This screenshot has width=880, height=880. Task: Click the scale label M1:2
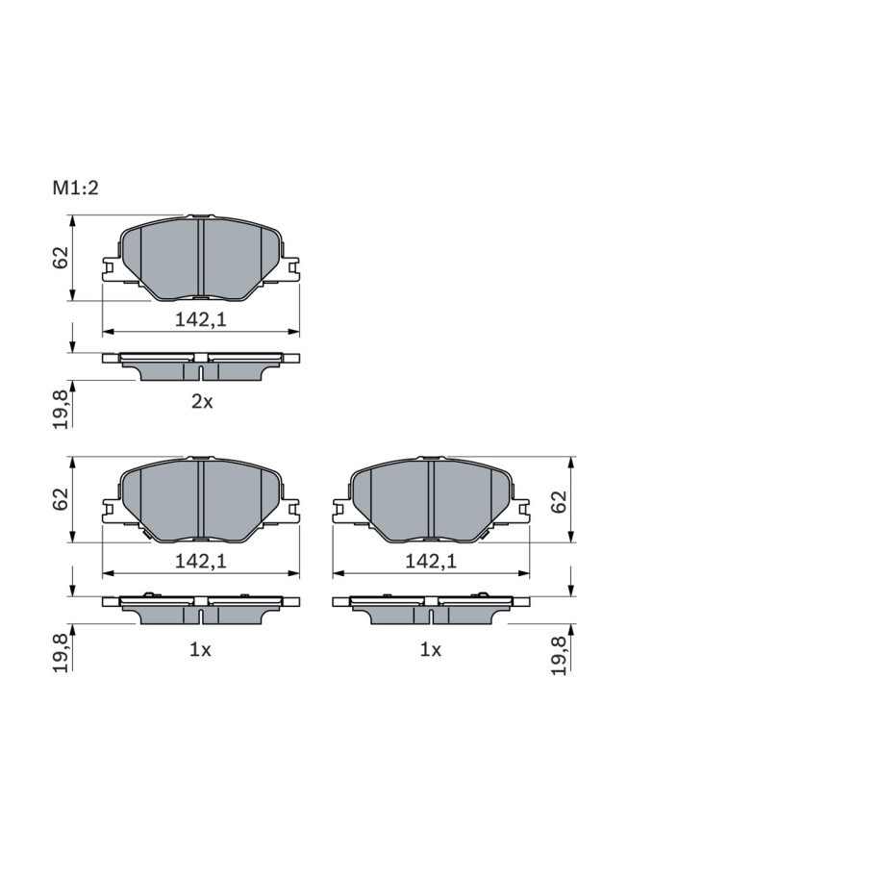(75, 188)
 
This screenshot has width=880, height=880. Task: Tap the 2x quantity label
(202, 402)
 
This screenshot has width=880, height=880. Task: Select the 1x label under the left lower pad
(200, 650)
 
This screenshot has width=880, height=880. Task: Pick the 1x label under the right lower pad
(431, 650)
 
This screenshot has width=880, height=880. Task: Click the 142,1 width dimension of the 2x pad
(200, 319)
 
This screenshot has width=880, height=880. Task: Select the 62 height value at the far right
(559, 502)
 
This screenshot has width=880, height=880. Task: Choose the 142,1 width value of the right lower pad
(431, 562)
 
